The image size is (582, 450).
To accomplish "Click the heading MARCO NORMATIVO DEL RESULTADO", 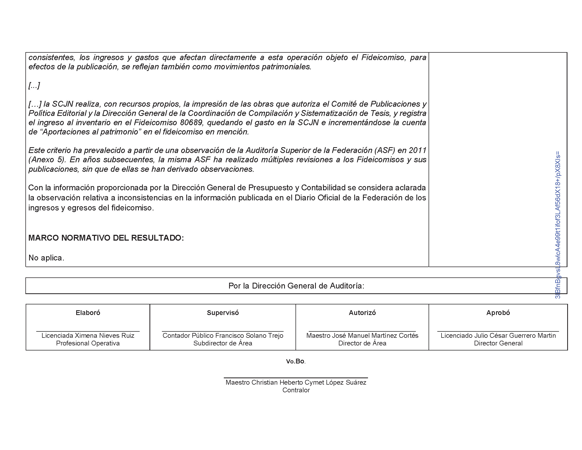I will (106, 238).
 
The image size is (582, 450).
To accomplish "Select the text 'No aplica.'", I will (46, 258).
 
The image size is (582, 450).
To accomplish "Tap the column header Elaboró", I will (88, 313).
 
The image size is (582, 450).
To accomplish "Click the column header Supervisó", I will (223, 313).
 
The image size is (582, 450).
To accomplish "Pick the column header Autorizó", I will (362, 313).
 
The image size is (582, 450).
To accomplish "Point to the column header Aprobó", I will (498, 313).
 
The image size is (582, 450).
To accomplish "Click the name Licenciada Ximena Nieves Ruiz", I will (88, 335).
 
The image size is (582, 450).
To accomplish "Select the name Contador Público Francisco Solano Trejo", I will (223, 335).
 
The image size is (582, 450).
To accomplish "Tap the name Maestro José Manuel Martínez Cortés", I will (362, 335).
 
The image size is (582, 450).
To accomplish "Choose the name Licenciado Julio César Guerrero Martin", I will (498, 335).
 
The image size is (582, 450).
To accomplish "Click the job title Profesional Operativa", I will (88, 343).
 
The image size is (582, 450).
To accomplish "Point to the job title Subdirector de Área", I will (223, 343).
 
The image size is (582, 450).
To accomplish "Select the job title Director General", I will (498, 343).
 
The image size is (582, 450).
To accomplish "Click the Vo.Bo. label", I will (296, 361).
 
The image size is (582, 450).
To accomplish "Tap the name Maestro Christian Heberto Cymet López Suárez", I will (296, 382).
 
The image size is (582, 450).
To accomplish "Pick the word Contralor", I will (296, 390).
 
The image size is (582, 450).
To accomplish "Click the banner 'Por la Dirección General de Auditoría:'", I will (296, 286).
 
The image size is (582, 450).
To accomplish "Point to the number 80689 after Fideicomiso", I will (192, 123).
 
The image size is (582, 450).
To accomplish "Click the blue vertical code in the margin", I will (558, 225).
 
